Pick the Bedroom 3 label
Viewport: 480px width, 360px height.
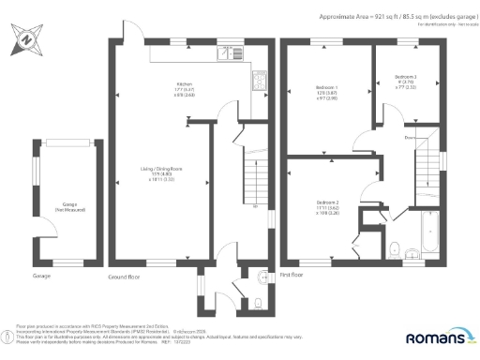click(x=405, y=79)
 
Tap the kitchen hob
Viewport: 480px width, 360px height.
click(x=257, y=83)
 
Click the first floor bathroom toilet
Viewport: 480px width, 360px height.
click(x=396, y=247)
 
